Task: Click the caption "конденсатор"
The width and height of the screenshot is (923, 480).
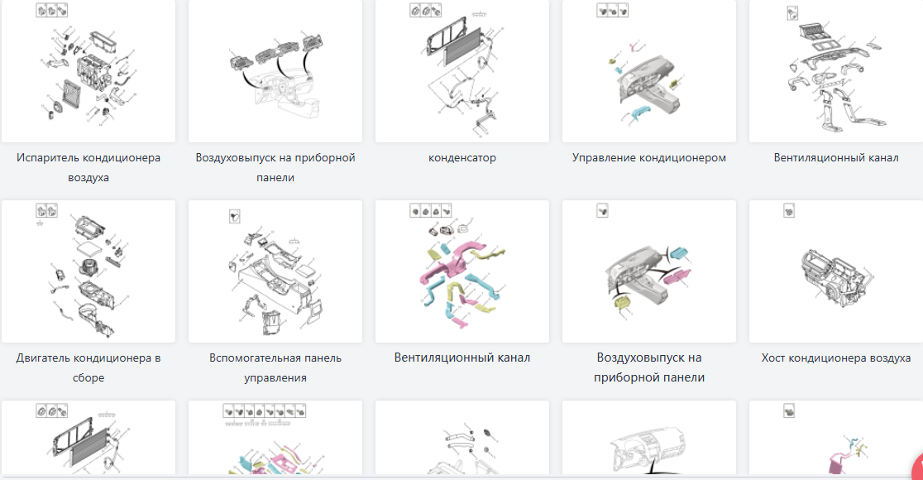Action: coord(462,157)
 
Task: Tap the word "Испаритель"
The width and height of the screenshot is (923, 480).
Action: coord(47,157)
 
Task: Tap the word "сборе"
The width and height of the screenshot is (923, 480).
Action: coord(88,378)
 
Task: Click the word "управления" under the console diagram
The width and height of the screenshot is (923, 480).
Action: coord(275,378)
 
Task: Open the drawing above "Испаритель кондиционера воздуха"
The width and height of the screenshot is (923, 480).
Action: coord(88,71)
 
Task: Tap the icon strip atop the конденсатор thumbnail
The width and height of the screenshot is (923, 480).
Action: coord(426,11)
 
